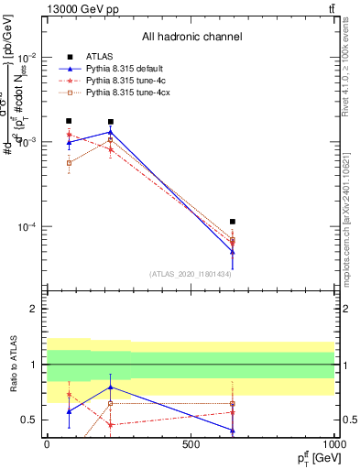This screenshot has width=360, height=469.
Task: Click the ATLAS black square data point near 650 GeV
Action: coord(233,222)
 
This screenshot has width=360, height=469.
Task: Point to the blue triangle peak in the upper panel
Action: coord(111,132)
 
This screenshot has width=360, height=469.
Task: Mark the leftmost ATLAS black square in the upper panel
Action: coord(69,121)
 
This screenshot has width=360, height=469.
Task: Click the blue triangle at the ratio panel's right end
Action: coord(233,431)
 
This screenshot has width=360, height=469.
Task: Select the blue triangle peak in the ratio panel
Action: coord(111,387)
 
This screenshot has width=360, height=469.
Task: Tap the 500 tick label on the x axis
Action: coord(191,444)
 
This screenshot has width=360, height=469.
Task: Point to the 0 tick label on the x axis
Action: coord(47,444)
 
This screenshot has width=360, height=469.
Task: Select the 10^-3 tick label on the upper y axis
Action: coord(27,142)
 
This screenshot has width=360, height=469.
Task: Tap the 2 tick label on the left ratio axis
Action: coord(35,309)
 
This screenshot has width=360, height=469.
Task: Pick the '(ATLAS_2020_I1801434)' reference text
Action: coord(191,274)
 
